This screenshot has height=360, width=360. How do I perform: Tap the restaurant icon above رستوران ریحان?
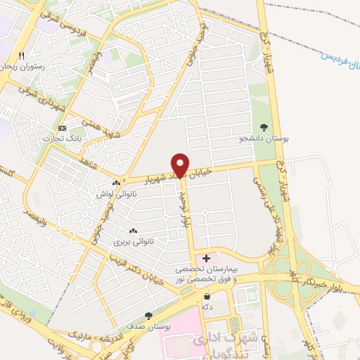pyautogui.click(x=22, y=56)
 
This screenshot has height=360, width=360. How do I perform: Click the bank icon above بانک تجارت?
pyautogui.click(x=63, y=128)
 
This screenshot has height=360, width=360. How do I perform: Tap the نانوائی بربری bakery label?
pyautogui.click(x=132, y=241)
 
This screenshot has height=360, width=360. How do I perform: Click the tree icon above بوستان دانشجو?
pyautogui.click(x=264, y=127)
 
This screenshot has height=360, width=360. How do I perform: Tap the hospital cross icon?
pyautogui.click(x=205, y=259)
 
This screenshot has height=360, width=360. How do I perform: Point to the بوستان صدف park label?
pyautogui.click(x=148, y=326)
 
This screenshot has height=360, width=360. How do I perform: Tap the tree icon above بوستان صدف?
pyautogui.click(x=148, y=316)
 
